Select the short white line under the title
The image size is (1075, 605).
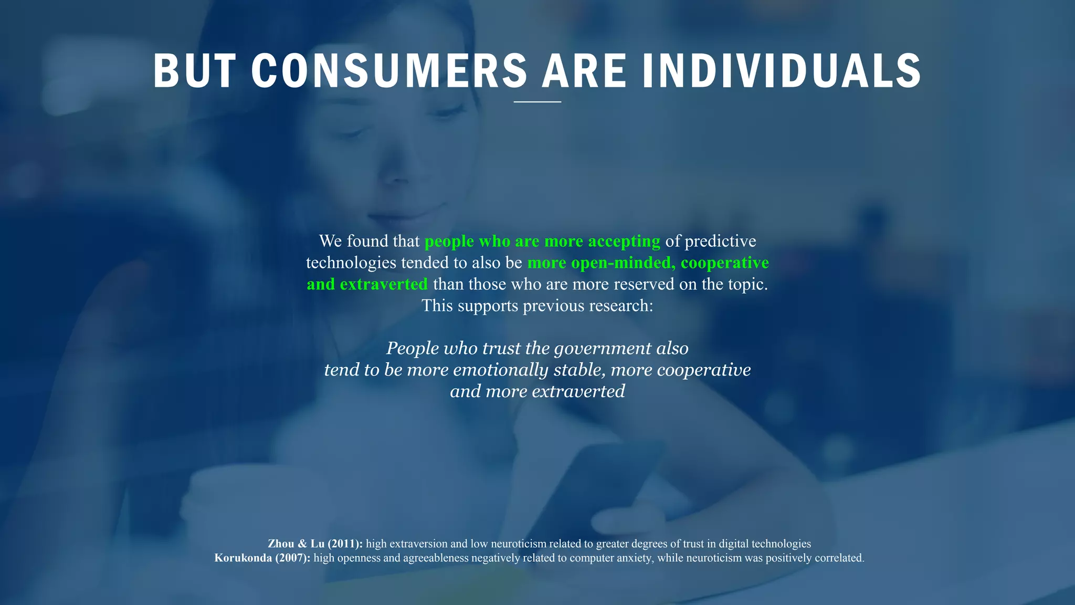point(537,102)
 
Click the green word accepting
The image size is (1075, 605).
point(624,241)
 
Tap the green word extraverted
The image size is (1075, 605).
point(384,284)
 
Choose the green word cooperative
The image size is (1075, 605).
point(724,263)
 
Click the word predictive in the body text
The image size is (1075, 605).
point(720,241)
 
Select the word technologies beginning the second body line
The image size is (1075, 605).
point(351,263)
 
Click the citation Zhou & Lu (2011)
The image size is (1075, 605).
point(315,544)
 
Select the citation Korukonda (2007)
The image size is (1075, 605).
point(262,558)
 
